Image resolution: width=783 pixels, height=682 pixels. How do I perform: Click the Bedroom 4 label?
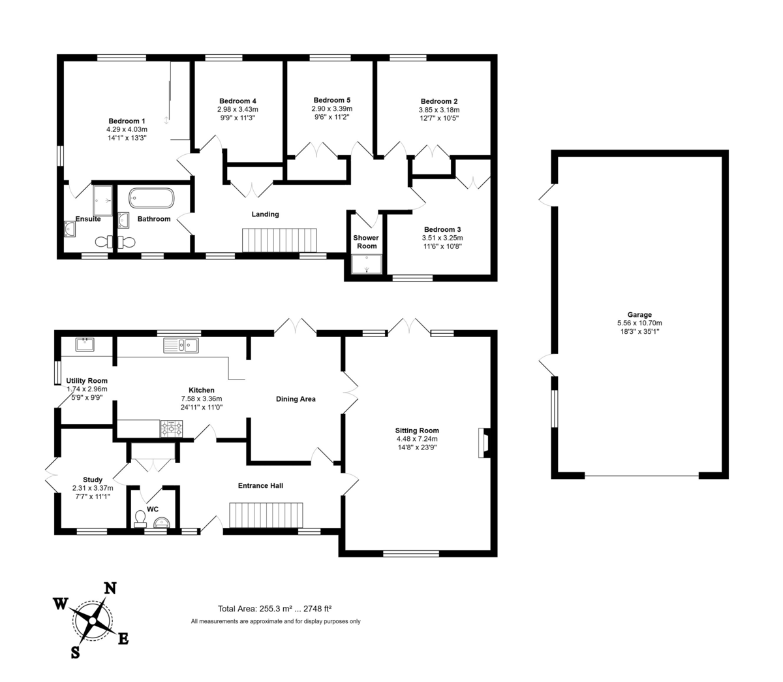point(238,101)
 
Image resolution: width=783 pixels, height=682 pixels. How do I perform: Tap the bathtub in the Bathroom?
point(151,198)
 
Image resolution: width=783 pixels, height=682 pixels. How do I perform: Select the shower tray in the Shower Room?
point(367,264)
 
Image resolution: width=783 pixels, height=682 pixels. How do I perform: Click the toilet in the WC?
point(140,519)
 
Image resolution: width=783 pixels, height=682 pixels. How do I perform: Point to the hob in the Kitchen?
point(172,429)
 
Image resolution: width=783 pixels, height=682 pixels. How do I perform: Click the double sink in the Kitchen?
point(181,345)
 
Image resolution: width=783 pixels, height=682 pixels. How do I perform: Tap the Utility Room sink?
point(85,344)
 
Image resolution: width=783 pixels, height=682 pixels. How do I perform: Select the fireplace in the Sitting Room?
point(484,443)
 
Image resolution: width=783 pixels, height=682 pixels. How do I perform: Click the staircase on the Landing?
point(279,240)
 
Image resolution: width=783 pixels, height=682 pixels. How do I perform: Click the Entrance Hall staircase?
point(266,515)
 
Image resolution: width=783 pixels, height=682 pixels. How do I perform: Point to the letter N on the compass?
point(110,588)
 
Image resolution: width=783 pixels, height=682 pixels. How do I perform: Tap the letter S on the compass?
point(76,651)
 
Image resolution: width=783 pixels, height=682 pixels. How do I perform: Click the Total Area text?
point(275,608)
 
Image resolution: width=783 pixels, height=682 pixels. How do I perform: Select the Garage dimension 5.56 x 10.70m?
point(639,323)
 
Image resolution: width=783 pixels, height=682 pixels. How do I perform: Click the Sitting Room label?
point(417,430)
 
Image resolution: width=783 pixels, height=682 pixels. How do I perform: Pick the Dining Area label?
point(296,399)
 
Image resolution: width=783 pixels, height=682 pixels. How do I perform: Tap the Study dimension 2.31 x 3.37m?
point(93,488)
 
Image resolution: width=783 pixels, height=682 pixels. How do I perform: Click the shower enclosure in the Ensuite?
point(102,201)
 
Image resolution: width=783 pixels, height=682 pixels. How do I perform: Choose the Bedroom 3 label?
point(442,229)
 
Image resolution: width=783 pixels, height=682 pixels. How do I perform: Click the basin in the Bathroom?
point(123,220)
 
